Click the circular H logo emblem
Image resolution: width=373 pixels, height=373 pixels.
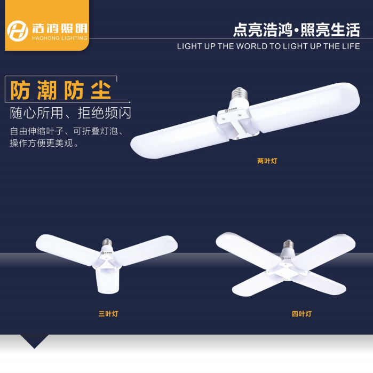[18, 31]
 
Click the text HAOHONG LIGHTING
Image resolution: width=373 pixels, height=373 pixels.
[60, 38]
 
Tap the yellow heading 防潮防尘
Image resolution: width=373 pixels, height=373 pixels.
[61, 90]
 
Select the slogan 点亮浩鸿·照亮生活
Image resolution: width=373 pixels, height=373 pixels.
[296, 30]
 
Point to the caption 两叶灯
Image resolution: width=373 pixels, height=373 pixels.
[267, 161]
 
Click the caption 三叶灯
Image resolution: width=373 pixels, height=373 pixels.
[108, 314]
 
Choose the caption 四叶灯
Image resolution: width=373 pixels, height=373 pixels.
[301, 314]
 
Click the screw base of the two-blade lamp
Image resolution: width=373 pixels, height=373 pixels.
[240, 93]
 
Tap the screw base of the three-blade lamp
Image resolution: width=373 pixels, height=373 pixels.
[107, 242]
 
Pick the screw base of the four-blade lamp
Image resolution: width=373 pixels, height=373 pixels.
[288, 244]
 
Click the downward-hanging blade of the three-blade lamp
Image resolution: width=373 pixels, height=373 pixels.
[107, 281]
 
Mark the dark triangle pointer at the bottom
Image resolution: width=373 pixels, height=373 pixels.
[34, 340]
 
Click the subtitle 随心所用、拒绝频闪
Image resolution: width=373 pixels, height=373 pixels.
[70, 113]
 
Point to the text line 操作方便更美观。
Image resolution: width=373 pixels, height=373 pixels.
[44, 143]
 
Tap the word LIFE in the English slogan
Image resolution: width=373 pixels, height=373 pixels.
[351, 46]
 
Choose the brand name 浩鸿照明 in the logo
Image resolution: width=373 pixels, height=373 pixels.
[60, 28]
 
